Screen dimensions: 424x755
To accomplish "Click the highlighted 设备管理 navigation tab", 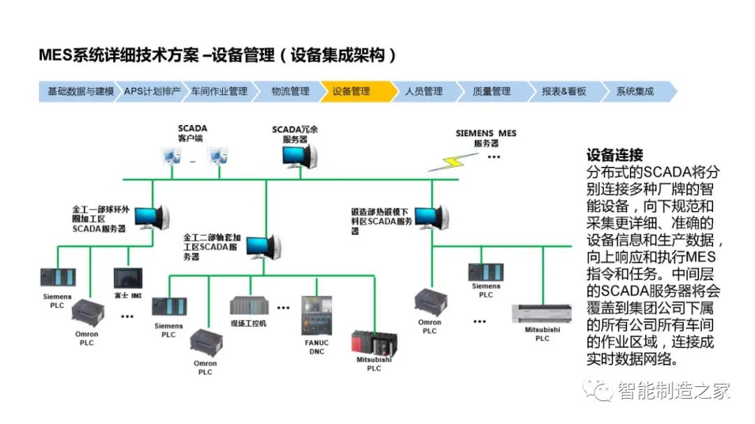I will (352, 92).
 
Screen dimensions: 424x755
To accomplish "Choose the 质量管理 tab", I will (491, 92).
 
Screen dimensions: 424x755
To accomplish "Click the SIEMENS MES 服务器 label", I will (487, 138).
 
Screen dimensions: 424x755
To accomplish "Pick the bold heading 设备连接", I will (614, 155).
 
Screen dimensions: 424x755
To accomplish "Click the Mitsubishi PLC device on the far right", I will (542, 319).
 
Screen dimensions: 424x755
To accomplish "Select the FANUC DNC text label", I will (316, 347).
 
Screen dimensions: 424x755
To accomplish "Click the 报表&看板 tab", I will (563, 92).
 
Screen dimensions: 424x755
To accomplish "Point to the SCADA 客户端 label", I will (192, 133).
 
